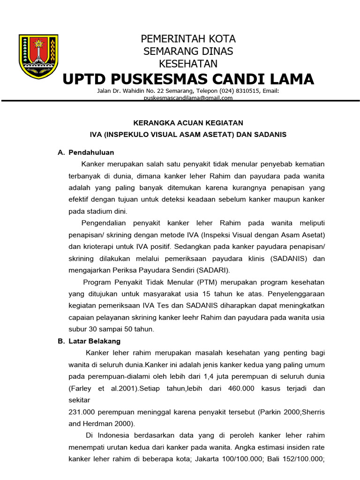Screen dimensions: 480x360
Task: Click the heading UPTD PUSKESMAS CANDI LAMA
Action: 188,79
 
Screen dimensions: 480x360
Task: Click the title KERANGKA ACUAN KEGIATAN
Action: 188,123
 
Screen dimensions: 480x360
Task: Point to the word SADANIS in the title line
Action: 270,135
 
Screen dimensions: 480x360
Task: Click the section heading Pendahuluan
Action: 91,152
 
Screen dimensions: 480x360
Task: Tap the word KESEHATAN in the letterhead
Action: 188,63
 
